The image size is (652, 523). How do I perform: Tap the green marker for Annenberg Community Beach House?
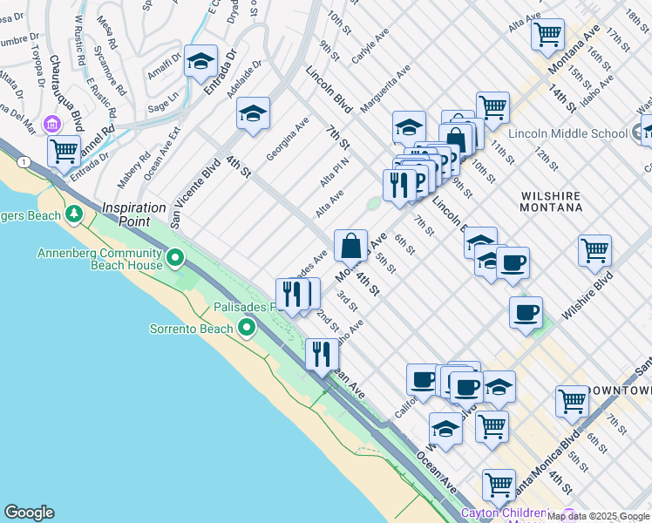175,257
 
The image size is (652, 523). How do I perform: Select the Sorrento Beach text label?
191,329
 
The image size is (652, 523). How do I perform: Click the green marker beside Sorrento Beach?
247,329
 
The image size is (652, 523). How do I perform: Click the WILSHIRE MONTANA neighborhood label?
551,201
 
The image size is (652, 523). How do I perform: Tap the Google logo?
29,513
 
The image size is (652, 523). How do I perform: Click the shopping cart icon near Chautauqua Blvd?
65,150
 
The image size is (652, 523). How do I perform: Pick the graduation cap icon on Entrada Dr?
200,61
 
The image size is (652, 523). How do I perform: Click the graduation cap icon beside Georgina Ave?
253,113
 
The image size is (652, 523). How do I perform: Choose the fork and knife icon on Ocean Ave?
322,354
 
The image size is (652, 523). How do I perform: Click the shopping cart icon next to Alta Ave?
547,34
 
